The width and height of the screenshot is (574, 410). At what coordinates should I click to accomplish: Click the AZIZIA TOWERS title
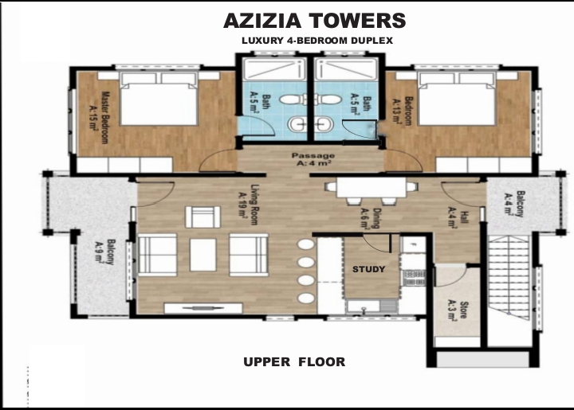(x=314, y=21)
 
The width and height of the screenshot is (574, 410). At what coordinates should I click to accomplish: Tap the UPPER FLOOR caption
(x=294, y=361)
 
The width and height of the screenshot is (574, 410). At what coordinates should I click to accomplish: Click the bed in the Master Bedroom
(x=159, y=99)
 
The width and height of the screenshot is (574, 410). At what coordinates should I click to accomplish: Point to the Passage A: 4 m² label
(x=313, y=160)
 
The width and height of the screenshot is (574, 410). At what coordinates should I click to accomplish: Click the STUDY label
(x=368, y=269)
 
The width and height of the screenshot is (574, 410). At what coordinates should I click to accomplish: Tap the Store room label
(x=458, y=310)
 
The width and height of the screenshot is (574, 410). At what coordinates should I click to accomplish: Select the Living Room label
(x=249, y=205)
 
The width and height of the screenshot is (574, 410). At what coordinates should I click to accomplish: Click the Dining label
(x=370, y=218)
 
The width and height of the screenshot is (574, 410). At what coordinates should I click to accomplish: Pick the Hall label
(x=458, y=217)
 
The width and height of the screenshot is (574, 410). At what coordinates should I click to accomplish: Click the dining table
(x=372, y=187)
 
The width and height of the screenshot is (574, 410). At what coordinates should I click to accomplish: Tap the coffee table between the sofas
(x=202, y=255)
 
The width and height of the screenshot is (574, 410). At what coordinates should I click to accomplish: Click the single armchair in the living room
(x=202, y=217)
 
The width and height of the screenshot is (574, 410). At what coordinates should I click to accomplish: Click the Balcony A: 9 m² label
(x=105, y=252)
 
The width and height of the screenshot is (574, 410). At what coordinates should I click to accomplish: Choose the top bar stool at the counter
(x=305, y=244)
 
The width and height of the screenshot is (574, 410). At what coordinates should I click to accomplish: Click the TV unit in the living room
(x=203, y=308)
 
